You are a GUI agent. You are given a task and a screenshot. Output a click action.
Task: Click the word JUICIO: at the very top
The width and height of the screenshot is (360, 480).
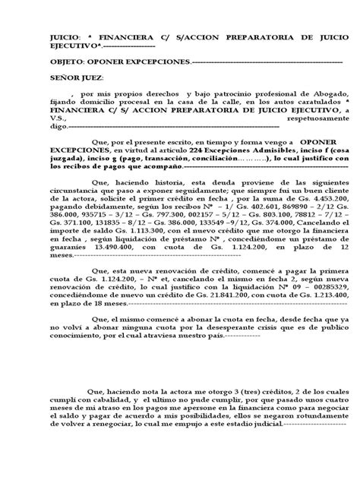[x=43, y=36]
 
